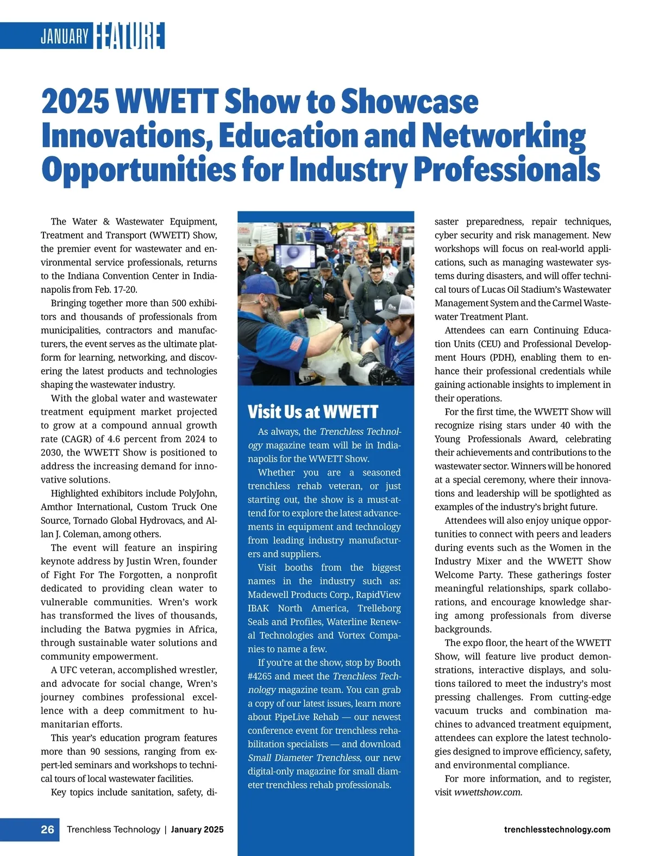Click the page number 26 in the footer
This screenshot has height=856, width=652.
point(47,829)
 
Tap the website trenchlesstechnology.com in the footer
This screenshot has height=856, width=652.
point(557,829)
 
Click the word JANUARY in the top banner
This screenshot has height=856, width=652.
point(64,36)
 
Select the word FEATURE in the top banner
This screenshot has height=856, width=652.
point(129,36)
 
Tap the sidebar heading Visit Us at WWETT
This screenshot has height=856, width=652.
point(312,412)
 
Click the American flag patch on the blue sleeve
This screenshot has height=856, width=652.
point(296,343)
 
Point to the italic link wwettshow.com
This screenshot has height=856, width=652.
point(487,792)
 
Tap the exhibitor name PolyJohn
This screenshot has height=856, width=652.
point(198,493)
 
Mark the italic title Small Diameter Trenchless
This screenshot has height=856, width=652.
point(304,758)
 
